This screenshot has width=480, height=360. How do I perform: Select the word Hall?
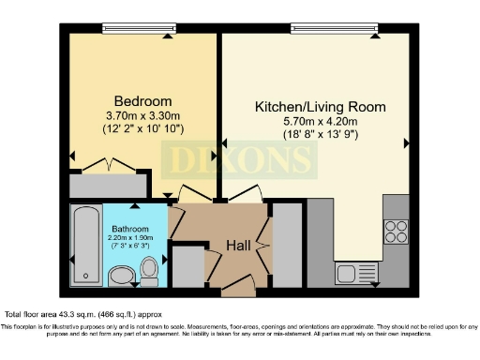(239, 245)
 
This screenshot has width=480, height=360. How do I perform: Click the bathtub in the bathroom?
(86, 246)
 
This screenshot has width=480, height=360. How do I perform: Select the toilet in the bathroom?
(149, 271)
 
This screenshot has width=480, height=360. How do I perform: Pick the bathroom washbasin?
(122, 275)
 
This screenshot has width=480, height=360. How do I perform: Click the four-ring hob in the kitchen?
(396, 231)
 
